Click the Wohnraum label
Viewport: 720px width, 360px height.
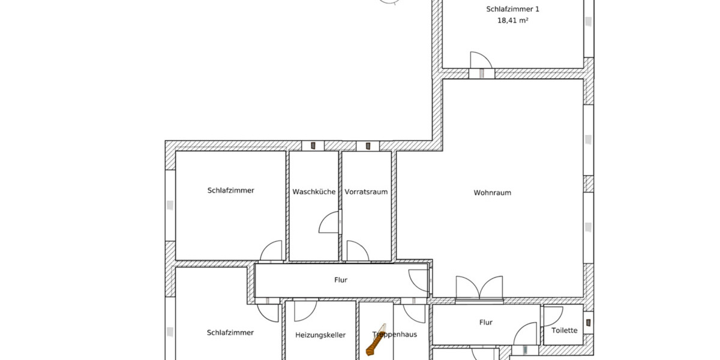[492, 193]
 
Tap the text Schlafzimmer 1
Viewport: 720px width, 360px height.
[512, 10]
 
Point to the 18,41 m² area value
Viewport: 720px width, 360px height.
[512, 20]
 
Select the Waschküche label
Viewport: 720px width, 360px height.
[314, 192]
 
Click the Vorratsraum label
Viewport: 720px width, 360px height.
[366, 192]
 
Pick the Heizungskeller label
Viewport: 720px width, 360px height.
[320, 335]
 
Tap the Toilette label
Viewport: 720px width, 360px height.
[565, 331]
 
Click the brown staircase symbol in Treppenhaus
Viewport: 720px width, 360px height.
[376, 343]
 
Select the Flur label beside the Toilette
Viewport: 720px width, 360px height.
[486, 322]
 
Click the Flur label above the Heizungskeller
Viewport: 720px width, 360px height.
[341, 280]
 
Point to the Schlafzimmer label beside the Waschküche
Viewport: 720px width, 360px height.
[231, 190]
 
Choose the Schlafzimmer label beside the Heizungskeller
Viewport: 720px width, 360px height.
[230, 332]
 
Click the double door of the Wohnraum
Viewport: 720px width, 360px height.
[479, 288]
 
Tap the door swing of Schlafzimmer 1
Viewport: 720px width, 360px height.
[480, 60]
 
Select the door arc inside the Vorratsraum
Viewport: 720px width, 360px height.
[357, 251]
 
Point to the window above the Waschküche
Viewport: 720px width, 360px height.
[313, 145]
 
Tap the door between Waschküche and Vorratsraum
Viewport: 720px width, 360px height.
[331, 223]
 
